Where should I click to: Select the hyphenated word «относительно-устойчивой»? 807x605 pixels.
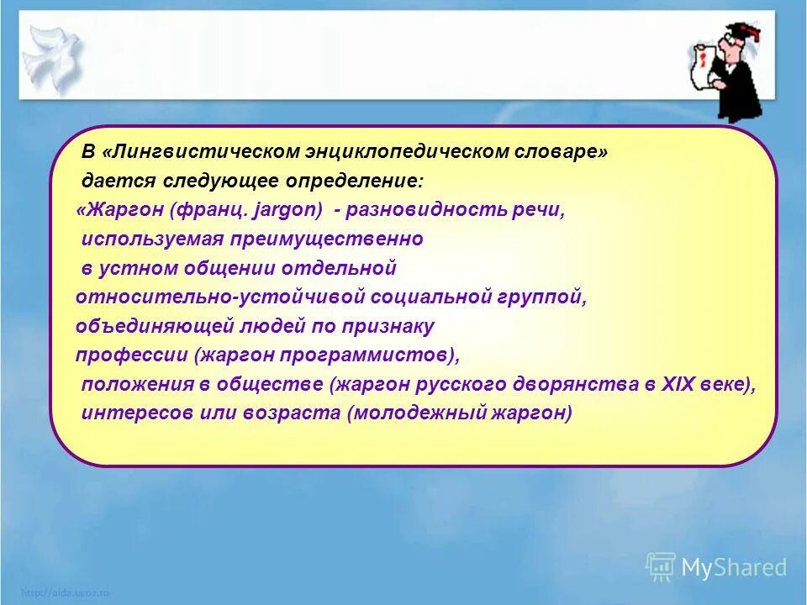pyautogui.click(x=190, y=297)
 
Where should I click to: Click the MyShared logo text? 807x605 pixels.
pyautogui.click(x=733, y=567)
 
